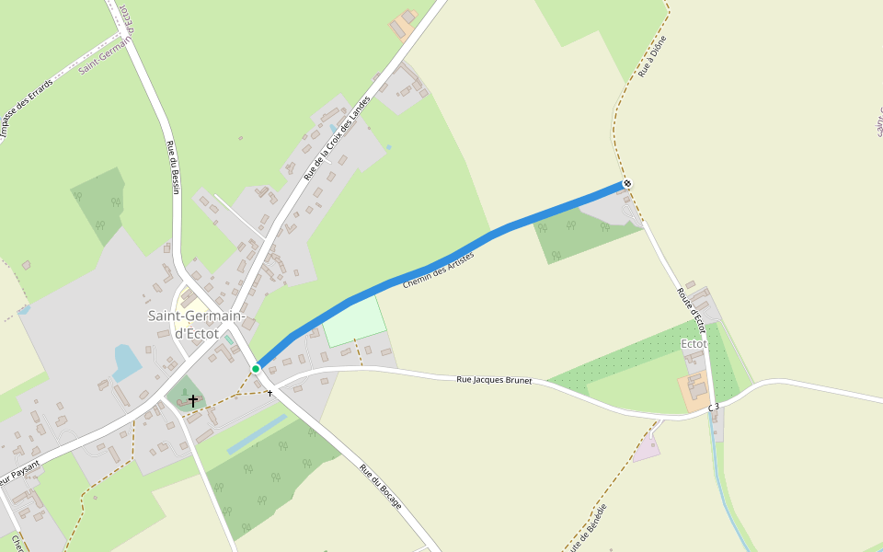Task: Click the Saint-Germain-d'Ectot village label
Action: click(197, 325)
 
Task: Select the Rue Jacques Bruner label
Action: click(494, 379)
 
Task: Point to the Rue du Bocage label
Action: click(380, 487)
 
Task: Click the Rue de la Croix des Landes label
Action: click(336, 138)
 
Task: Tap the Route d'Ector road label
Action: click(691, 309)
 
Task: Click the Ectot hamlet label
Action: click(694, 344)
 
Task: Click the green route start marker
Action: click(256, 368)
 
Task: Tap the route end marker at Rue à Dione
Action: click(627, 184)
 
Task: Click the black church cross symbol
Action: click(193, 400)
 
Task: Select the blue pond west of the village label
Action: click(127, 362)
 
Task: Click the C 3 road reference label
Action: click(713, 406)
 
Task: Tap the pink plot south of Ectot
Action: click(647, 449)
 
